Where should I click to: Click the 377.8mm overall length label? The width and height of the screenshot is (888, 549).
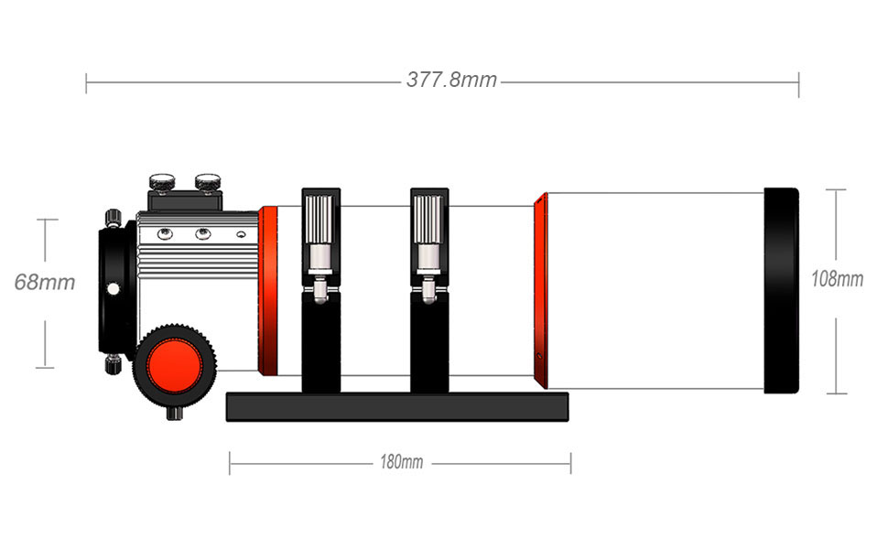[451, 80]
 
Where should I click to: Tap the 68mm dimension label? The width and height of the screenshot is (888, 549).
[44, 281]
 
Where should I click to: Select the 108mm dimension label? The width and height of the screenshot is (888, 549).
[837, 279]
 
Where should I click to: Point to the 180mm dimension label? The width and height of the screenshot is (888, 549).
[401, 462]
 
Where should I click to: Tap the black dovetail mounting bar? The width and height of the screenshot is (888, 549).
[396, 406]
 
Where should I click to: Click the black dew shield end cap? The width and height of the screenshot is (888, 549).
[781, 290]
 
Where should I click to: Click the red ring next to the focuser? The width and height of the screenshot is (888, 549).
[268, 291]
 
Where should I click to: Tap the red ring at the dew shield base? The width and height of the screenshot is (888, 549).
[540, 290]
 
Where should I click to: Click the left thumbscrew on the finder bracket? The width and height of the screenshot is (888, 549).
[163, 181]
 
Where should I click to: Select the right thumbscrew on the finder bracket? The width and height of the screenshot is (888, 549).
[208, 181]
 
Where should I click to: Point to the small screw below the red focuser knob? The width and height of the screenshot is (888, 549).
[174, 413]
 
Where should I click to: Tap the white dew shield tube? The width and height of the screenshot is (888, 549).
[655, 290]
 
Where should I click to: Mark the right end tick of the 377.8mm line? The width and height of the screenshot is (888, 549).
[798, 83]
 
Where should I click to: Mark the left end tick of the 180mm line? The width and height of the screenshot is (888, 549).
[230, 463]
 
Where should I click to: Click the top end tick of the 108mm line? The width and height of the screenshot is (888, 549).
[836, 189]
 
